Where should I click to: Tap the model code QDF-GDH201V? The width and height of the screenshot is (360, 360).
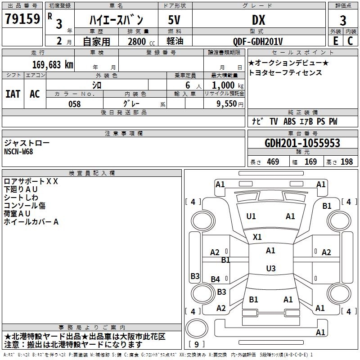(258, 41)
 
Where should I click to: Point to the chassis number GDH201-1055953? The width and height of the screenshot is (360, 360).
(302, 143)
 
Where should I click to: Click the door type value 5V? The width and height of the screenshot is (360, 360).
(175, 20)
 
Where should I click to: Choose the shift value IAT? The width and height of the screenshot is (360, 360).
(13, 94)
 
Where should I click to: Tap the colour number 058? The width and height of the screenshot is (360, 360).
(74, 104)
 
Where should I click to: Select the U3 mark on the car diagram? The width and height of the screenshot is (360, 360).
(270, 269)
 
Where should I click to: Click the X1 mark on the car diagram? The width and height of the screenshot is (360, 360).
(257, 237)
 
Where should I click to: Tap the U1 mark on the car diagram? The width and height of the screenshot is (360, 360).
(251, 216)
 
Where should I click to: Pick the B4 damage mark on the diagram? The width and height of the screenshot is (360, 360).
(216, 279)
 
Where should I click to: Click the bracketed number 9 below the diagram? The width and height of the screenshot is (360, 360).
(196, 344)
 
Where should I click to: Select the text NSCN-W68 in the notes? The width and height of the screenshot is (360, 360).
(18, 152)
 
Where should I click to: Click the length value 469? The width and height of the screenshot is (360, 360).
(273, 162)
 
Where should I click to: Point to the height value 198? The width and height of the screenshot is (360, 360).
(346, 162)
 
